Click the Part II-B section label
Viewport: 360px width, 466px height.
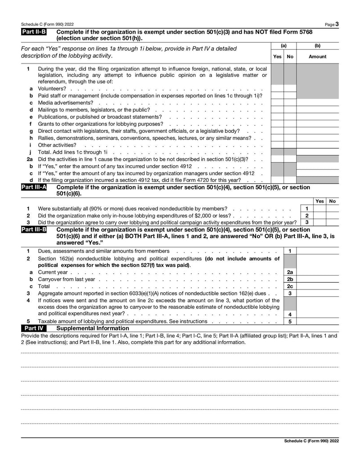point(33,32)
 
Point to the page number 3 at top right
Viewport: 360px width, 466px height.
point(337,24)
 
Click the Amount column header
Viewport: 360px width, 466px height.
point(317,57)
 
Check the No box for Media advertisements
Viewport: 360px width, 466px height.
point(290,103)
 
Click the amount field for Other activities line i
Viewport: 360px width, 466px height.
point(317,145)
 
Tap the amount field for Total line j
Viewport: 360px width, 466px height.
point(317,152)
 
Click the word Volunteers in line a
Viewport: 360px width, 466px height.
point(52,89)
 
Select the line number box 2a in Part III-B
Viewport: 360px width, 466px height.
point(290,272)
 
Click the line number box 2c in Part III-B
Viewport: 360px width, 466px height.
point(290,286)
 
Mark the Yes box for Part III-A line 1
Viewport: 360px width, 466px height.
point(319,208)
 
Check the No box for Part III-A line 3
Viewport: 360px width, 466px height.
point(333,222)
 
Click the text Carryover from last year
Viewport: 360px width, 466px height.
point(66,279)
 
